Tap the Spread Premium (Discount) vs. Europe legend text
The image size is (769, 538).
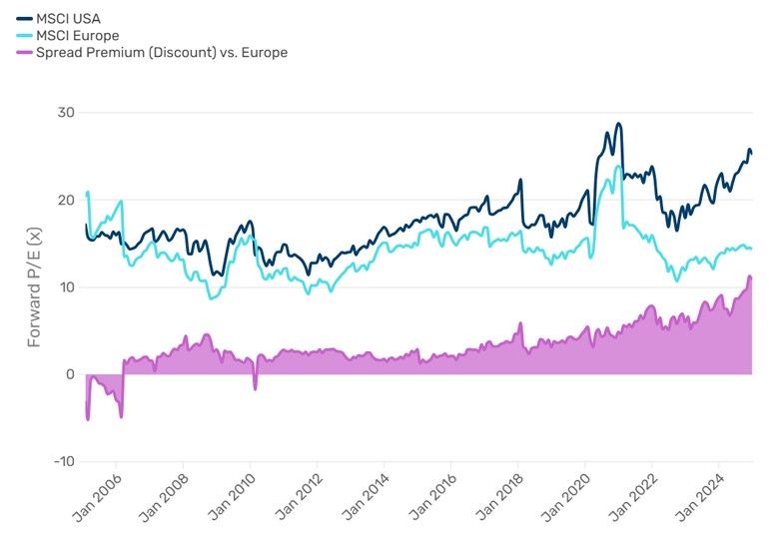[161, 53]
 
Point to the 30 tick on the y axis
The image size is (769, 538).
[66, 113]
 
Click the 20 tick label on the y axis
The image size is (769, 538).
[66, 200]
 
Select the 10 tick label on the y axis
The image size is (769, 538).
[66, 287]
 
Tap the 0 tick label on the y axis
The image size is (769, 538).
[70, 374]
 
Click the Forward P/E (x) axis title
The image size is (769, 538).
[35, 287]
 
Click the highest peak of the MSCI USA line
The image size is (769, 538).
[619, 124]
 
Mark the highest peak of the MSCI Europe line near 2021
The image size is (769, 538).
[618, 167]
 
